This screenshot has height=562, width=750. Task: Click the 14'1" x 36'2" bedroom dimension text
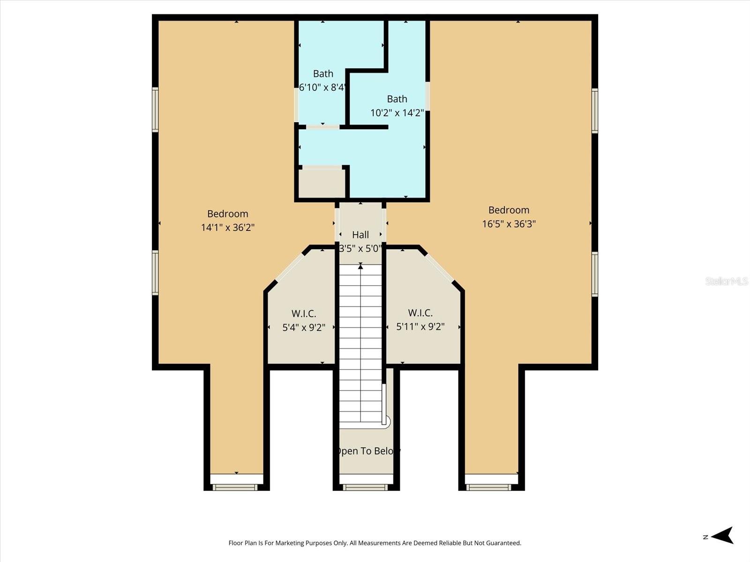228,228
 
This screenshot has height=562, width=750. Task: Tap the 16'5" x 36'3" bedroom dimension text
509,224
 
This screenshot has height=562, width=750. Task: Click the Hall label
360,235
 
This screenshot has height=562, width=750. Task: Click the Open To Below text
367,451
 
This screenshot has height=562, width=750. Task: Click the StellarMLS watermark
727,281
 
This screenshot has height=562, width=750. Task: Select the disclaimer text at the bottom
375,543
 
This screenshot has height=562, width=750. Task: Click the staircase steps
360,342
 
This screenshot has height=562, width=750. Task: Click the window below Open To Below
366,488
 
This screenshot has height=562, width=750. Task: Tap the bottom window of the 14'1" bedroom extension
235,488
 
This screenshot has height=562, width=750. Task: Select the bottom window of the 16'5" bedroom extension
489,488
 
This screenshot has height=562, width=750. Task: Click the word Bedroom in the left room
228,214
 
